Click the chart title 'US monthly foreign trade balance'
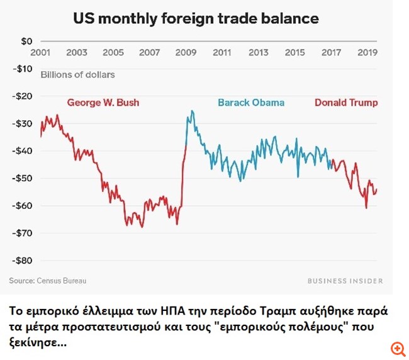point(196,18)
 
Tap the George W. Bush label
point(103,103)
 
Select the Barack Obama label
point(251,103)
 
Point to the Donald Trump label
point(346,103)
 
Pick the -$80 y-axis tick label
point(23,260)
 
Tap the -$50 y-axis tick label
point(23,178)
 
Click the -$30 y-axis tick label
point(23,123)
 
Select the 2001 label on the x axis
point(41,53)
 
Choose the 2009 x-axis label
point(185,53)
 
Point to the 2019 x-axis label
point(367,53)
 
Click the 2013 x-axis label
point(258,53)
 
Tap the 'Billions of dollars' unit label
point(77,75)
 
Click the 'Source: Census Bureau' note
point(48,281)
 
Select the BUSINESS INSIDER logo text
point(345,281)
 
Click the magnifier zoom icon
point(397,348)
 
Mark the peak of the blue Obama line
point(192,111)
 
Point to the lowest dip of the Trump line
point(366,208)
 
